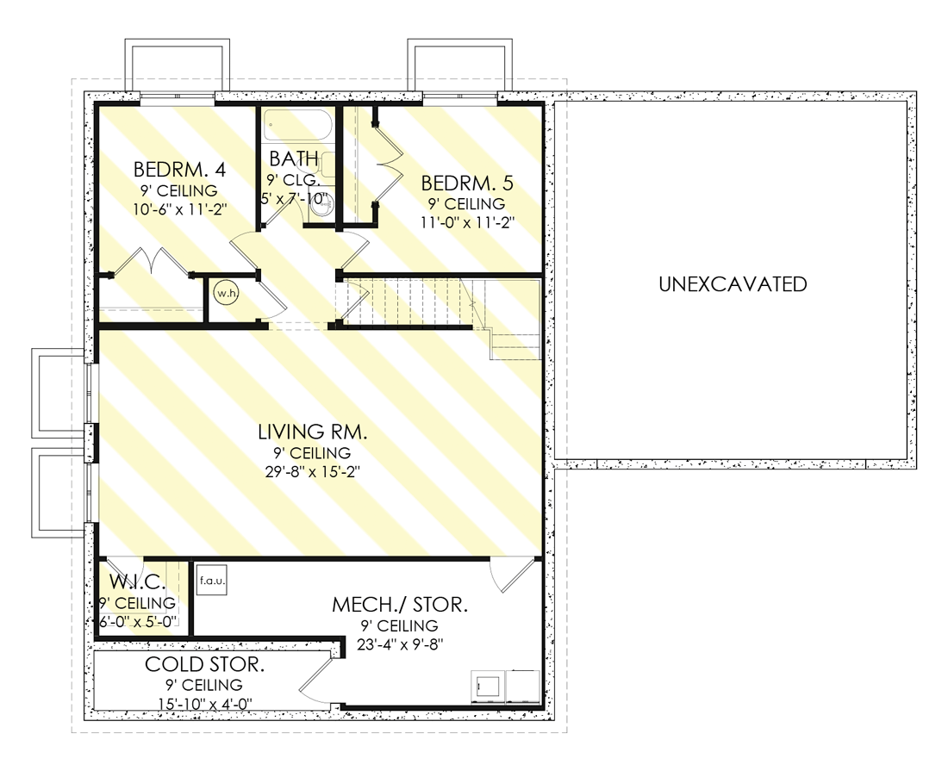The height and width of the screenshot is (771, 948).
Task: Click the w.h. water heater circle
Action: pyautogui.click(x=226, y=293)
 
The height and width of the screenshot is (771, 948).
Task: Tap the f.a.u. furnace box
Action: pyautogui.click(x=212, y=581)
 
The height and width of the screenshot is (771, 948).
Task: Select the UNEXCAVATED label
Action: pyautogui.click(x=733, y=284)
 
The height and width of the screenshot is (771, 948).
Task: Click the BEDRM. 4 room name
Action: pyautogui.click(x=179, y=170)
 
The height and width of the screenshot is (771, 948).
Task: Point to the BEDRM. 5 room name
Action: pyautogui.click(x=467, y=183)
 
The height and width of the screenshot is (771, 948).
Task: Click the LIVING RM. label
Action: pyautogui.click(x=313, y=432)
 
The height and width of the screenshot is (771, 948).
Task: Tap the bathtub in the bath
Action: pyautogui.click(x=297, y=125)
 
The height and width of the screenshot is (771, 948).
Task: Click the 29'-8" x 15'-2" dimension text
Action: pyautogui.click(x=313, y=472)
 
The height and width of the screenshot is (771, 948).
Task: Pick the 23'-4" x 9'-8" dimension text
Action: pyautogui.click(x=400, y=644)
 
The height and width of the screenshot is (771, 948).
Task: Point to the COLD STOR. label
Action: pyautogui.click(x=204, y=665)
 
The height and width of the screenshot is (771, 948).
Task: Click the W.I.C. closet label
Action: pyautogui.click(x=137, y=582)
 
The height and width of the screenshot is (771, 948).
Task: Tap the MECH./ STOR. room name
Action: pyautogui.click(x=400, y=605)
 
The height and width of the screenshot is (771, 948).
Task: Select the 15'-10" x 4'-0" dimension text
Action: pyautogui.click(x=204, y=704)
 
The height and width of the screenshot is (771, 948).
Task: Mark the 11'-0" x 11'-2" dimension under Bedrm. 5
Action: pyautogui.click(x=467, y=222)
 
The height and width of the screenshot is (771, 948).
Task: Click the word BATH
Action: pyautogui.click(x=294, y=159)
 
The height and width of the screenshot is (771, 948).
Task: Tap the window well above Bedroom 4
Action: pyautogui.click(x=178, y=65)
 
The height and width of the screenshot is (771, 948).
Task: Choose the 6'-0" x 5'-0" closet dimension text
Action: pyautogui.click(x=137, y=622)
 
